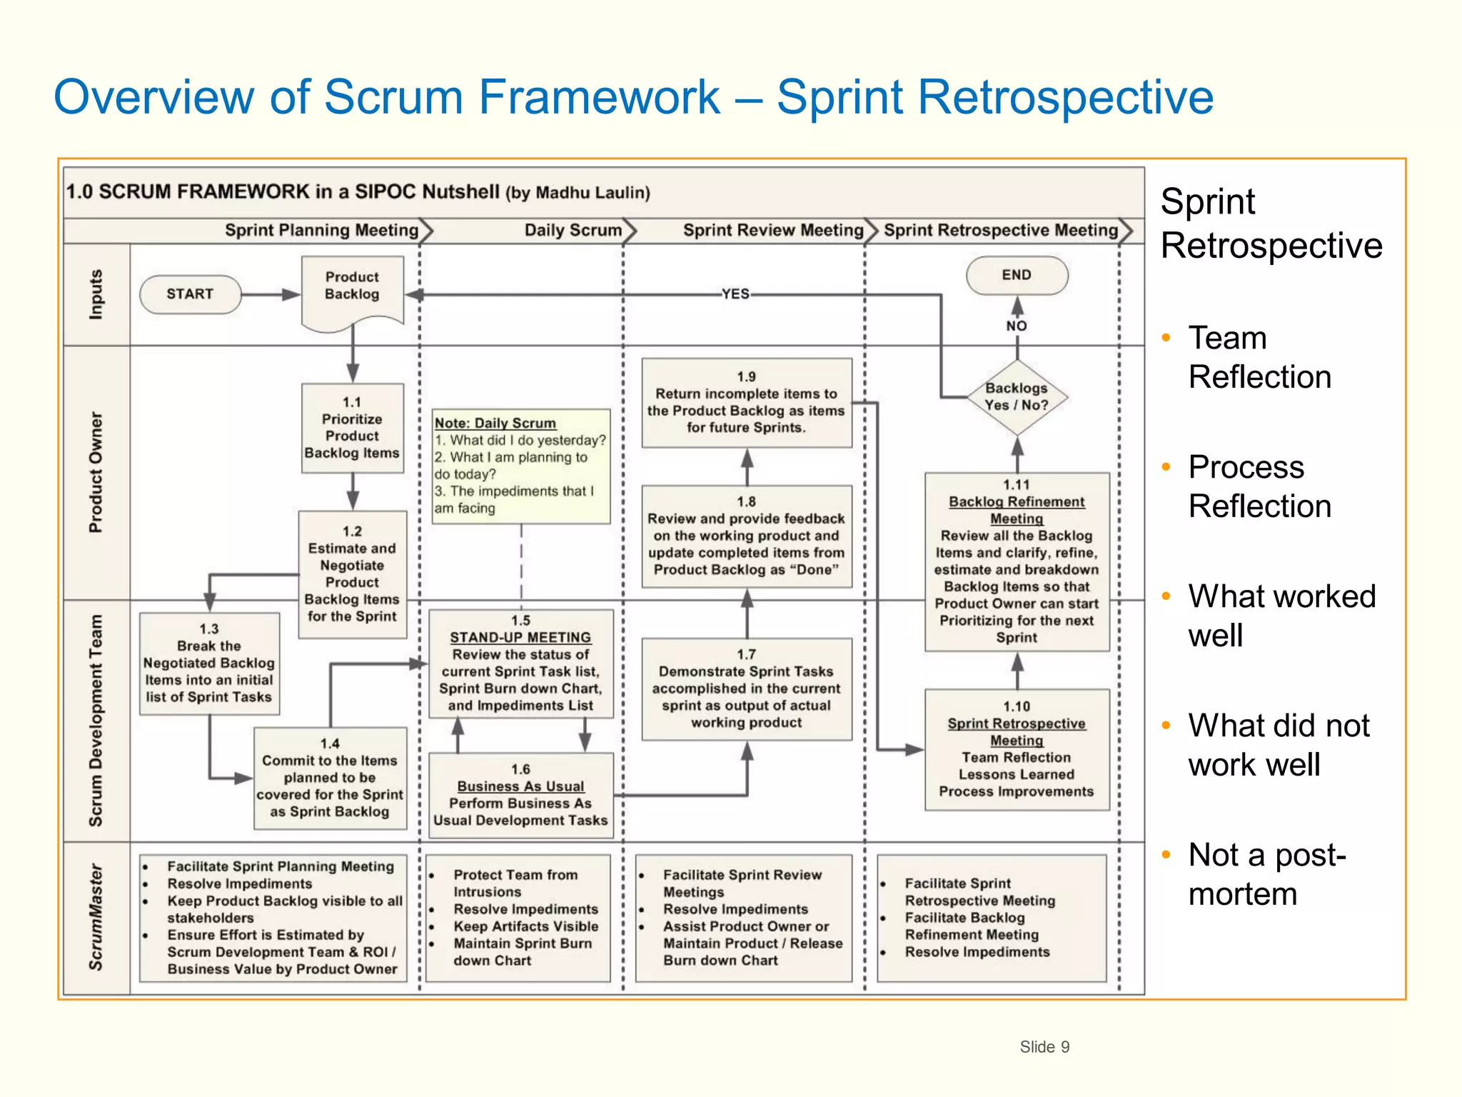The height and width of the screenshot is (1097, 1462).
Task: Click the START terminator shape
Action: pyautogui.click(x=190, y=294)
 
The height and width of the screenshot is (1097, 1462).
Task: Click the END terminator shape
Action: pyautogui.click(x=1017, y=275)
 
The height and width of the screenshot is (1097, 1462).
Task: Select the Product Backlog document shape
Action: pyautogui.click(x=352, y=289)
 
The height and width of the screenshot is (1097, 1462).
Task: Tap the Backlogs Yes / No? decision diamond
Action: pyautogui.click(x=1017, y=397)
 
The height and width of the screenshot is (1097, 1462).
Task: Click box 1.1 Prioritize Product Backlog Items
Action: pyautogui.click(x=352, y=428)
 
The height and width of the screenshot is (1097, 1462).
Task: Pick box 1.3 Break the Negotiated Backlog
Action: pyautogui.click(x=208, y=663)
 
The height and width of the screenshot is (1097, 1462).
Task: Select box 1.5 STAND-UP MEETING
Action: pyautogui.click(x=520, y=663)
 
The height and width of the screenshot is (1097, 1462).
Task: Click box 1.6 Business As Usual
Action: pyautogui.click(x=520, y=795)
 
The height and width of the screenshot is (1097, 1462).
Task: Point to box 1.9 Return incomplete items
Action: pyautogui.click(x=746, y=403)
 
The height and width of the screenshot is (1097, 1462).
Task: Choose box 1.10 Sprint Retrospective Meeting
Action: pyautogui.click(x=1017, y=749)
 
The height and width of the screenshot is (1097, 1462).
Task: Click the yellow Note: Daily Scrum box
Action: pyautogui.click(x=520, y=466)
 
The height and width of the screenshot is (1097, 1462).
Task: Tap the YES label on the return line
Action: pyautogui.click(x=735, y=294)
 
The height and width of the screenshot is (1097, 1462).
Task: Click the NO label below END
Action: pyautogui.click(x=1017, y=326)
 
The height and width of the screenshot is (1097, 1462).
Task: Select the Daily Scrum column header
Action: pyautogui.click(x=573, y=231)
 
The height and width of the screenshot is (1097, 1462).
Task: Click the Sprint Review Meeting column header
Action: pyautogui.click(x=773, y=231)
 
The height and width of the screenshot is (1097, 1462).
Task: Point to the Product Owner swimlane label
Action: pyautogui.click(x=96, y=473)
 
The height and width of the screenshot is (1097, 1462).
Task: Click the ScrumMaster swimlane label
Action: pyautogui.click(x=96, y=918)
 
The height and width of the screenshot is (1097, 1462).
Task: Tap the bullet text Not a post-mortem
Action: pyautogui.click(x=1266, y=874)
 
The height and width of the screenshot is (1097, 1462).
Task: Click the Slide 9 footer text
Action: pyautogui.click(x=1044, y=1047)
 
